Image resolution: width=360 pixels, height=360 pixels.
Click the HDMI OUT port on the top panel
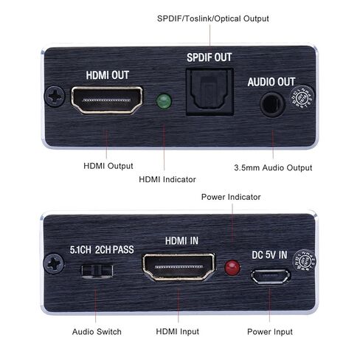click(107, 100)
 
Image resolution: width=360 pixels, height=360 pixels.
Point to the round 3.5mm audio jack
click(273, 103)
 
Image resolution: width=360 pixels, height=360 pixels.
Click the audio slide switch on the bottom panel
click(96, 270)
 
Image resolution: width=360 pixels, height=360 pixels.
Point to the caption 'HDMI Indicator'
click(167, 179)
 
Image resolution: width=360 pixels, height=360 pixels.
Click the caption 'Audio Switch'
click(97, 332)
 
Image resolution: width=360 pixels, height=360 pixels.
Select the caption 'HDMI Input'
click(176, 332)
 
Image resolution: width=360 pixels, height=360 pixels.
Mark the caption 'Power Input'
click(269, 332)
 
